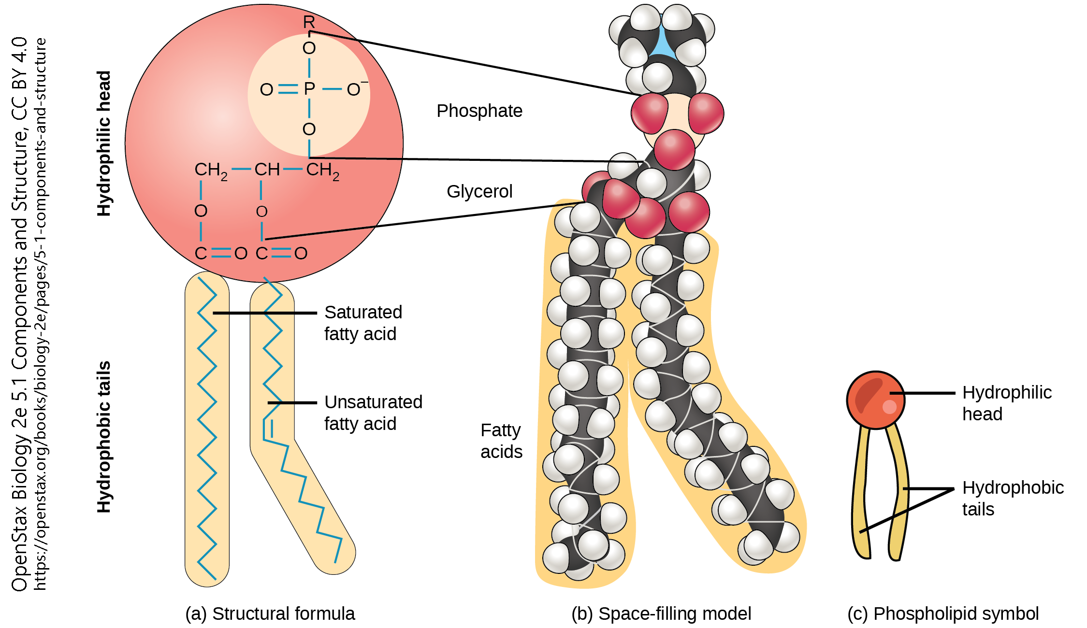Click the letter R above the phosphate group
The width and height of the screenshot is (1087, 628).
[309, 22]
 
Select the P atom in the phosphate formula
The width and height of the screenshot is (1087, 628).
[309, 89]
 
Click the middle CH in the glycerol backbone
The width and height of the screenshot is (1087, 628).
[267, 170]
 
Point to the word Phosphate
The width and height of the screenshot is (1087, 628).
[479, 111]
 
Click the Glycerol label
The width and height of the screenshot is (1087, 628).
[479, 192]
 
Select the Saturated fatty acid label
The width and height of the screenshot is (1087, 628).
[362, 323]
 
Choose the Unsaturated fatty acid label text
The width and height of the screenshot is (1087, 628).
[373, 413]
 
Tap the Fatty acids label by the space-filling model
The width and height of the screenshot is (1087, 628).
[501, 441]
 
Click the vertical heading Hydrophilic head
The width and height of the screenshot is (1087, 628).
[104, 143]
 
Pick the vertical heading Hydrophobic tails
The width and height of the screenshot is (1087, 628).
[104, 437]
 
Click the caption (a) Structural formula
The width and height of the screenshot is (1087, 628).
[270, 614]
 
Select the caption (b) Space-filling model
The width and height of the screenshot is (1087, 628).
[661, 614]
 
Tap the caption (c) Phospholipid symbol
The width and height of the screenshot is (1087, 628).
[942, 614]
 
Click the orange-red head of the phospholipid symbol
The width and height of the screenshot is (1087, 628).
[875, 400]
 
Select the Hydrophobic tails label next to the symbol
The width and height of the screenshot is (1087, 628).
[1012, 498]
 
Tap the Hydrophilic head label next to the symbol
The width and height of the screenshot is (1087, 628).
[1006, 403]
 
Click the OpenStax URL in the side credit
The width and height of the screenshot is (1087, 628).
[41, 314]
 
